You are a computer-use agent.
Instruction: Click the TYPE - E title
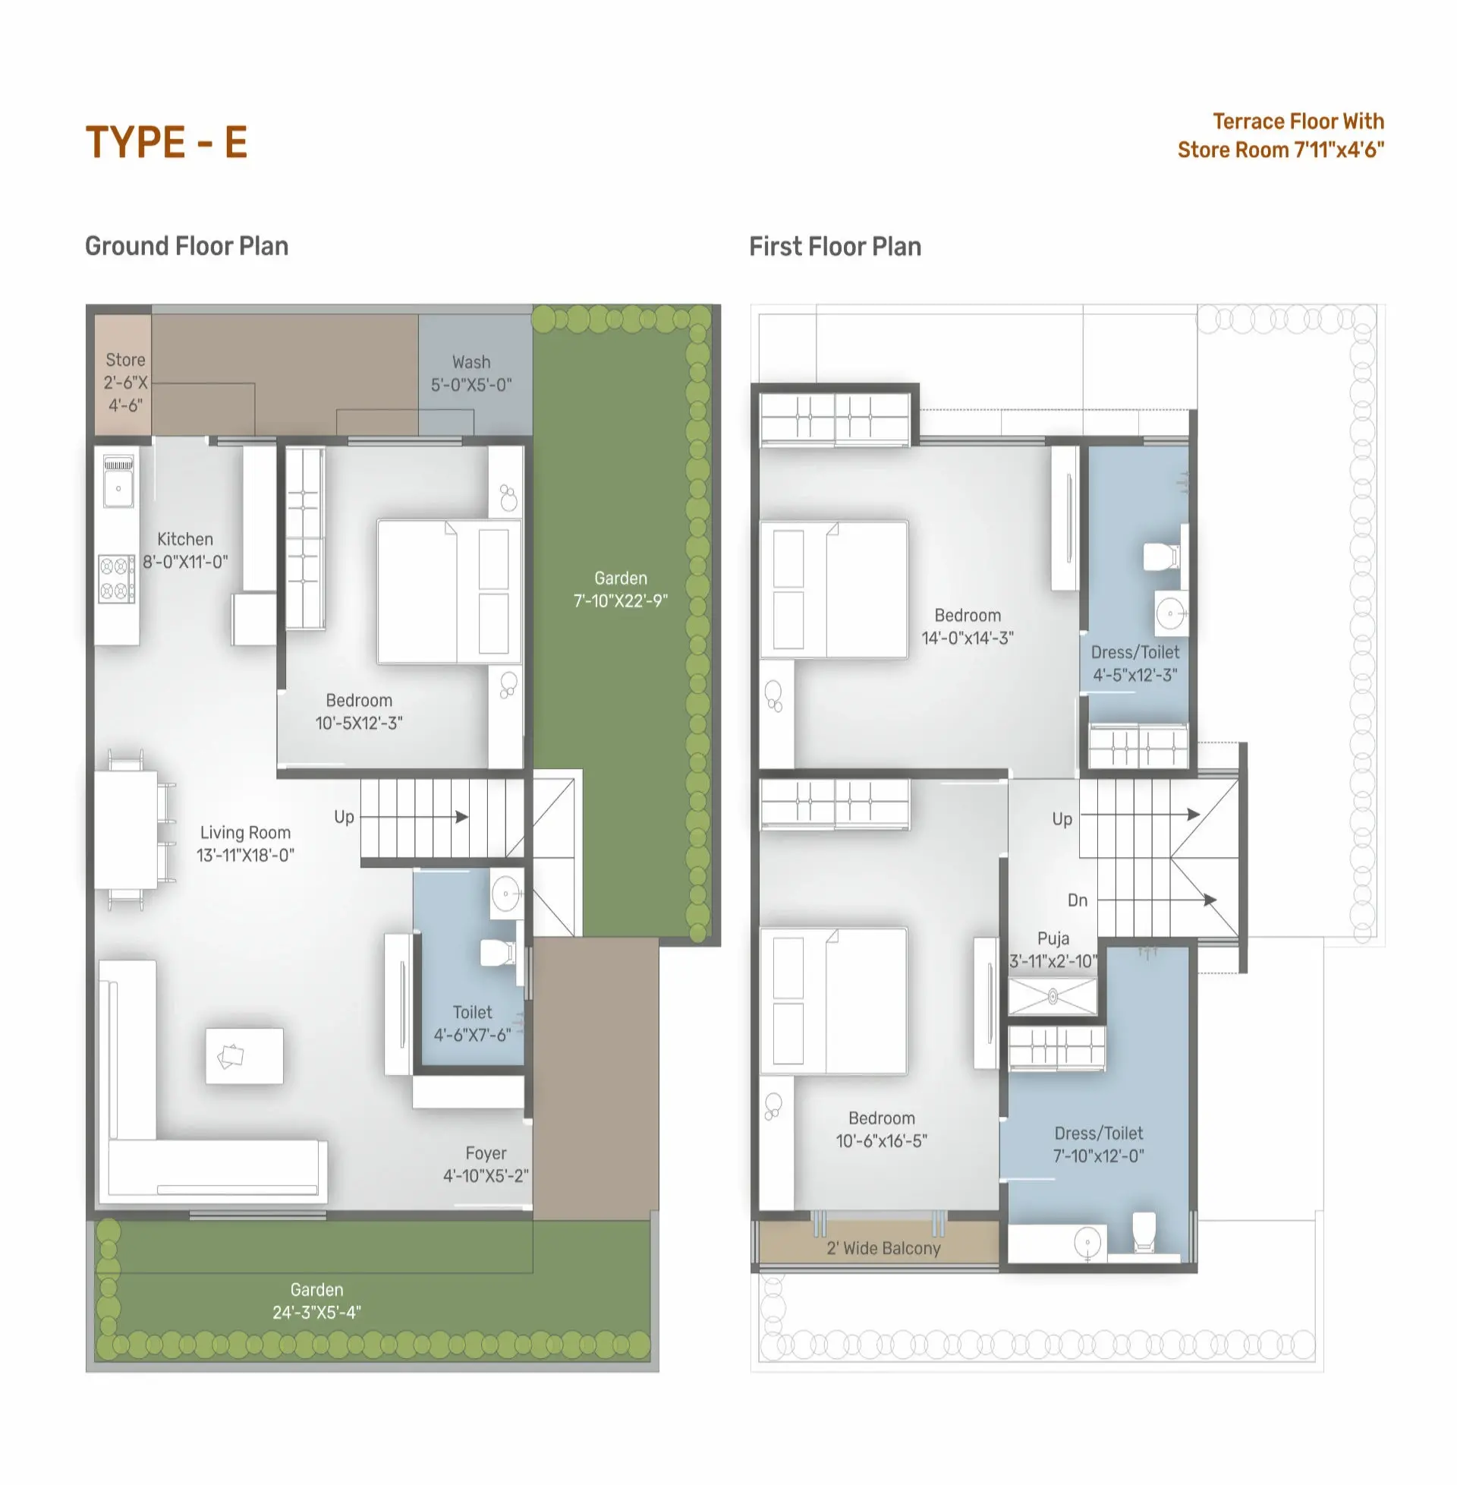click(x=166, y=143)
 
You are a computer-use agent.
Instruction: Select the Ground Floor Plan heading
click(x=187, y=246)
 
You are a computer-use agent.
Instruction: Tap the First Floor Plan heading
click(x=835, y=247)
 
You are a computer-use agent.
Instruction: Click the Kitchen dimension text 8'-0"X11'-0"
click(x=185, y=562)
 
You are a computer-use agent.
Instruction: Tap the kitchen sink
click(x=118, y=481)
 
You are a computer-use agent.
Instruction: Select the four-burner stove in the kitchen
click(x=116, y=579)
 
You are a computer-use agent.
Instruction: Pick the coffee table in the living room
click(x=244, y=1055)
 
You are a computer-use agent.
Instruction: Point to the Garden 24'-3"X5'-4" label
click(x=316, y=1301)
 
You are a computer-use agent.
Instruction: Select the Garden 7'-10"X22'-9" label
click(x=621, y=589)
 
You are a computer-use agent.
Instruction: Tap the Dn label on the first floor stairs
click(x=1078, y=900)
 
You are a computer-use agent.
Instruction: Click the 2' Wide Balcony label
click(x=883, y=1248)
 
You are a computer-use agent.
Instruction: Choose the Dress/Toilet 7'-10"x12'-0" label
click(x=1099, y=1144)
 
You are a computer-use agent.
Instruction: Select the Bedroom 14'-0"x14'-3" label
click(x=968, y=626)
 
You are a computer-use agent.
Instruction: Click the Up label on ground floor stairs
click(x=345, y=818)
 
